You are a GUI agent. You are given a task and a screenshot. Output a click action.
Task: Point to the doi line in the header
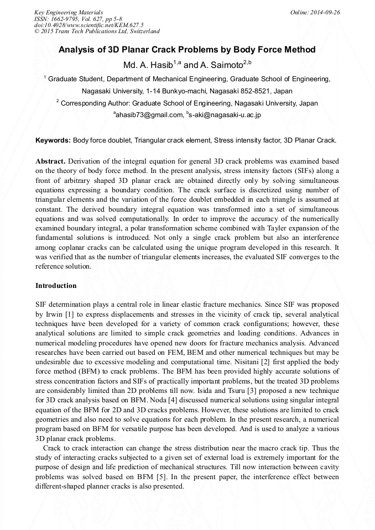coord(88,25)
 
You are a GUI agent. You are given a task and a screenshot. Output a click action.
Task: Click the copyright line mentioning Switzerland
coord(97,32)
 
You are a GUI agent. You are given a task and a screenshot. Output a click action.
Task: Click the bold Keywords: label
coord(53,140)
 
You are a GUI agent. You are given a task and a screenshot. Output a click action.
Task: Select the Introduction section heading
coord(56,286)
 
